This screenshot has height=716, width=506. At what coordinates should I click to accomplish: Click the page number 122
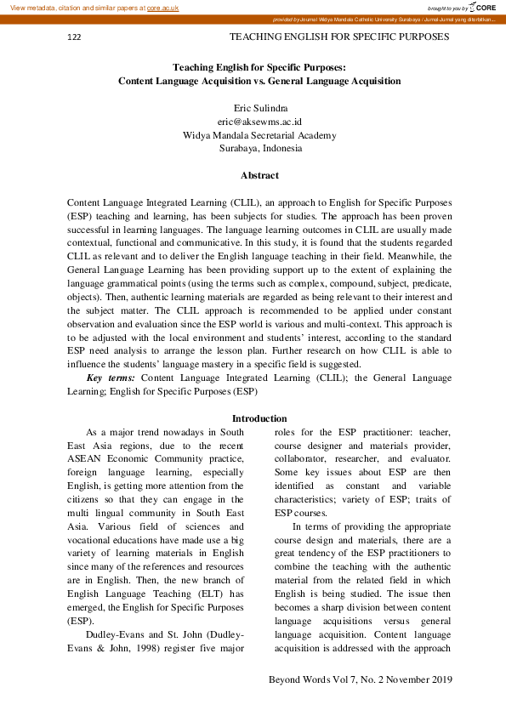click(x=74, y=38)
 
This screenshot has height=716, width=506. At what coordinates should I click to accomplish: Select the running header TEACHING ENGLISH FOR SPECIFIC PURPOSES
click(x=339, y=37)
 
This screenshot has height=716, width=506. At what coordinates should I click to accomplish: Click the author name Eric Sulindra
click(x=259, y=108)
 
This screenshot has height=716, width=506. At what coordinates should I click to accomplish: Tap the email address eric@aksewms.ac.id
click(x=259, y=122)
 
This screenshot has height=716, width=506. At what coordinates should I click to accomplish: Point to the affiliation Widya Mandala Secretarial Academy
click(x=259, y=135)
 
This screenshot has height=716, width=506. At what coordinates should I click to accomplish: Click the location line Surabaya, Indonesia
click(x=259, y=148)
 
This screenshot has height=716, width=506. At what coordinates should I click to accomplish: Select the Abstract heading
click(x=259, y=175)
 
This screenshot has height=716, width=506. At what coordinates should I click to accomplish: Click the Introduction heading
click(x=259, y=418)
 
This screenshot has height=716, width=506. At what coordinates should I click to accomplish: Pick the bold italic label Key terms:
click(x=111, y=377)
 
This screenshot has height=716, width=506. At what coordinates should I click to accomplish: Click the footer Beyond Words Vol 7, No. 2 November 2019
click(x=360, y=679)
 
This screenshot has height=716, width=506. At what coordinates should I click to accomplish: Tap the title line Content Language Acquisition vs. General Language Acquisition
click(x=259, y=82)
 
